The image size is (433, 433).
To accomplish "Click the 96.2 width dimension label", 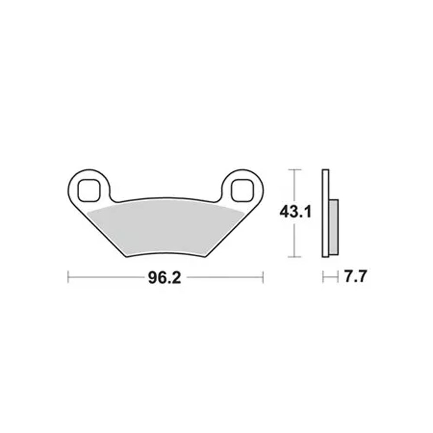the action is pyautogui.click(x=165, y=278).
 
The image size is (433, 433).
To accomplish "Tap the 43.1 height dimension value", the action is pyautogui.click(x=295, y=212).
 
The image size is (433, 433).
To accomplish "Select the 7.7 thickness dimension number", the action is pyautogui.click(x=355, y=276).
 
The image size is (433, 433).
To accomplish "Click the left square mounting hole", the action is pyautogui.click(x=88, y=190).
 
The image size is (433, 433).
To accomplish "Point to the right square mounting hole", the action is pyautogui.click(x=242, y=190).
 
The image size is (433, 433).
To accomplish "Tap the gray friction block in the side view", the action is pyautogui.click(x=333, y=227).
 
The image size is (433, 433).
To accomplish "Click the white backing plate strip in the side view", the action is pyautogui.click(x=326, y=213).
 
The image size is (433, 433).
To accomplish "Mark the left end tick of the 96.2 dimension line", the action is pyautogui.click(x=68, y=277).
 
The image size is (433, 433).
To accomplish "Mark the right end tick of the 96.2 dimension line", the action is pyautogui.click(x=263, y=277).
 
